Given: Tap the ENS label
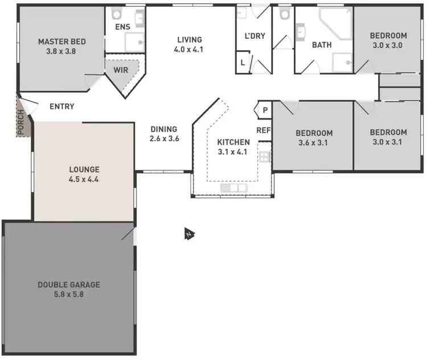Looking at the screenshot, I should coord(123,27).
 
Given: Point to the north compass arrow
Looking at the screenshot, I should coord(189,234).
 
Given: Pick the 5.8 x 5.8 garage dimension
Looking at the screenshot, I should coord(68,294).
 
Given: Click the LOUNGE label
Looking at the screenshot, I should coord(84,169).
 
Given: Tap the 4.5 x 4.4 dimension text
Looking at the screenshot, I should coord(84,179).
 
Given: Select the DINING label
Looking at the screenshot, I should coord(164,129).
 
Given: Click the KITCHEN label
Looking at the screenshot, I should coord(233,142).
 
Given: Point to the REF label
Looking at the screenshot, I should coord(264,130).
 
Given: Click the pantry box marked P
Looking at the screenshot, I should coord(265,110).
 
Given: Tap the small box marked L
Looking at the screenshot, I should coord(244,62).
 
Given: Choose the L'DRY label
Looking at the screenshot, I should coord(254,36).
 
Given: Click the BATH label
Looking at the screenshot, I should coord(322,44).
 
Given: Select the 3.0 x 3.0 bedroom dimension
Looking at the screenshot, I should coord(388,44).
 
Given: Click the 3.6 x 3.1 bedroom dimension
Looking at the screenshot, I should coord(313,143).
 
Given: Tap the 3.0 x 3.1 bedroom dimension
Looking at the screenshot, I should coord(388,142).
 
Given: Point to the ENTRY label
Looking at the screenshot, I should coord(62,107).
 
